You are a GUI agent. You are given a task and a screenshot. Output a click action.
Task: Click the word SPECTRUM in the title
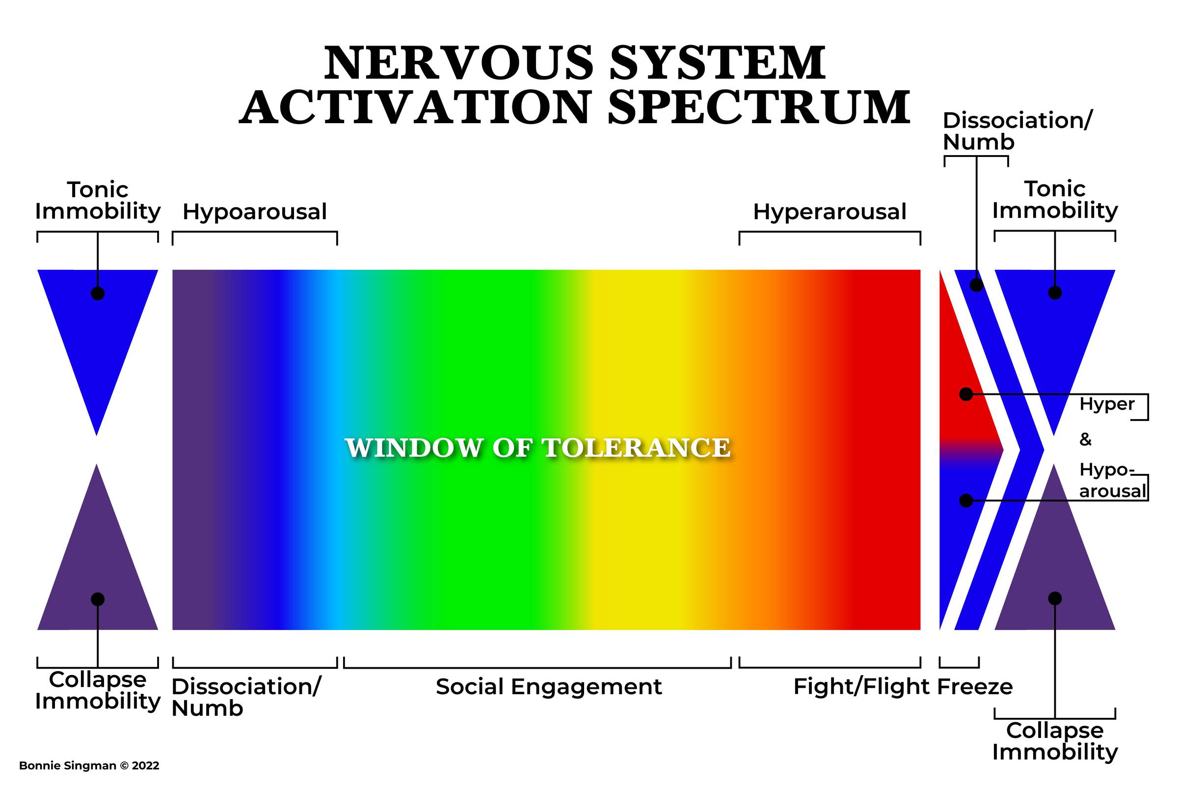click(759, 107)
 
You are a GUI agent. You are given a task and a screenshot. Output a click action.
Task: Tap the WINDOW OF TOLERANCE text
click(537, 447)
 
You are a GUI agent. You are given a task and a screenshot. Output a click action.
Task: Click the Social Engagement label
click(549, 686)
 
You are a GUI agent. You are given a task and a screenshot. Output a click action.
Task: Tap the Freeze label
click(975, 687)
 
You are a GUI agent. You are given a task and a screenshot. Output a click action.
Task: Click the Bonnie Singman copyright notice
click(89, 765)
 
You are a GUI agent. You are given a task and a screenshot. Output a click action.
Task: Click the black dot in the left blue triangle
click(98, 293)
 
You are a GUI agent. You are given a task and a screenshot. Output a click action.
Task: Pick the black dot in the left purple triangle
click(98, 599)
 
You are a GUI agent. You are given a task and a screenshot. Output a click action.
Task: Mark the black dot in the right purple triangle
click(1055, 598)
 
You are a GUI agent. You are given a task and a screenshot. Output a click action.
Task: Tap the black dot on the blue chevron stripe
click(976, 285)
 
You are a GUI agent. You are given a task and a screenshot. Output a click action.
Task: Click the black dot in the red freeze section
click(966, 394)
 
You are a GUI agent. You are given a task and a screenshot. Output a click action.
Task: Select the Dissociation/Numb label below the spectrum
click(245, 697)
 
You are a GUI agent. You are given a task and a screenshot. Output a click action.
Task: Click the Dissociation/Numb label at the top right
click(1017, 131)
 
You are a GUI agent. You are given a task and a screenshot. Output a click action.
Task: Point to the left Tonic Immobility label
click(98, 200)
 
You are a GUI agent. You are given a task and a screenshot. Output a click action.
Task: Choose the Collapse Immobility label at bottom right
click(1055, 741)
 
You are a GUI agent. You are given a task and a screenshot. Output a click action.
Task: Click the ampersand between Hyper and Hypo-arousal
click(1085, 440)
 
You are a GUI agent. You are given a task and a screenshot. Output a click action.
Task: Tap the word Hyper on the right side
click(1107, 404)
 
